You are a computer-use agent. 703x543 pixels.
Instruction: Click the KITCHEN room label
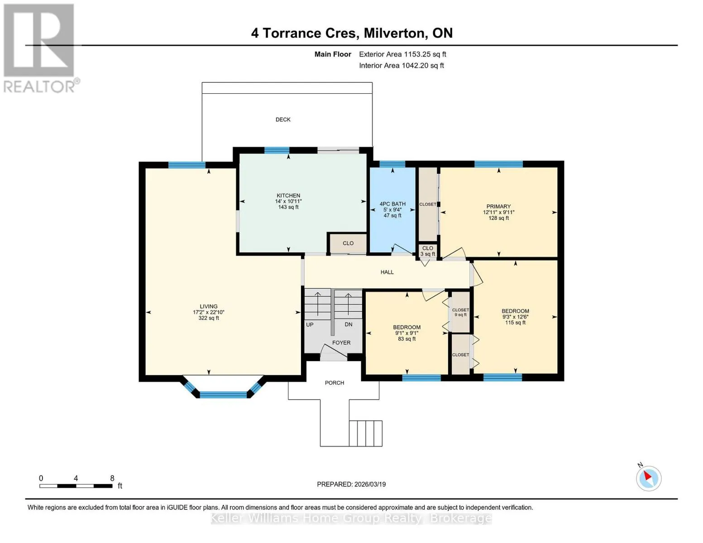coord(288,195)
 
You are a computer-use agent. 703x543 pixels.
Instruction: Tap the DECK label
coord(283,119)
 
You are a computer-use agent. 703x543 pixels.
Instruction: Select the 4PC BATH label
coord(392,204)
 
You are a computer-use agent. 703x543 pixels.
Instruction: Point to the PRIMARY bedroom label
coord(498,206)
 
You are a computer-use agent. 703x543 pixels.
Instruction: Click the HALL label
coord(387,272)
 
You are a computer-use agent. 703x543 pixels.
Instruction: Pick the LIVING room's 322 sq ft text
coord(209,318)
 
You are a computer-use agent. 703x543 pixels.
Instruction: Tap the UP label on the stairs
coord(310,324)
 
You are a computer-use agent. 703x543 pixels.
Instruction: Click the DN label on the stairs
coord(349,324)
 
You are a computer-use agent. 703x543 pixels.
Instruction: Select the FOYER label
coord(341,343)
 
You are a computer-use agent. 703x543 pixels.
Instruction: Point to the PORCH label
coord(335,383)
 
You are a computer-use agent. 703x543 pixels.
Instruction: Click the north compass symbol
coord(649,478)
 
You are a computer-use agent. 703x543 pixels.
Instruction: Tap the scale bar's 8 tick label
coord(112,478)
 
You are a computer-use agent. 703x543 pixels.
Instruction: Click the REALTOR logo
coord(40,48)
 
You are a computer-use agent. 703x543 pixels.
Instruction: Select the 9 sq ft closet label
coord(460,314)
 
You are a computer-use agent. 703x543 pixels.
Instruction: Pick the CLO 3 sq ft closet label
coord(428,251)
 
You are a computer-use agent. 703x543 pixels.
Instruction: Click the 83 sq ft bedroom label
coord(406,338)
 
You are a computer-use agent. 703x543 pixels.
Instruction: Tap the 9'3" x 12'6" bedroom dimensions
coord(515,317)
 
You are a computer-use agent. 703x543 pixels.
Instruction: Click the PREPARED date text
coord(351,484)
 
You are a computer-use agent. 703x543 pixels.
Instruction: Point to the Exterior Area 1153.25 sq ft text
coord(402,54)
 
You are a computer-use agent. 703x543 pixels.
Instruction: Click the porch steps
coord(366,433)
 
